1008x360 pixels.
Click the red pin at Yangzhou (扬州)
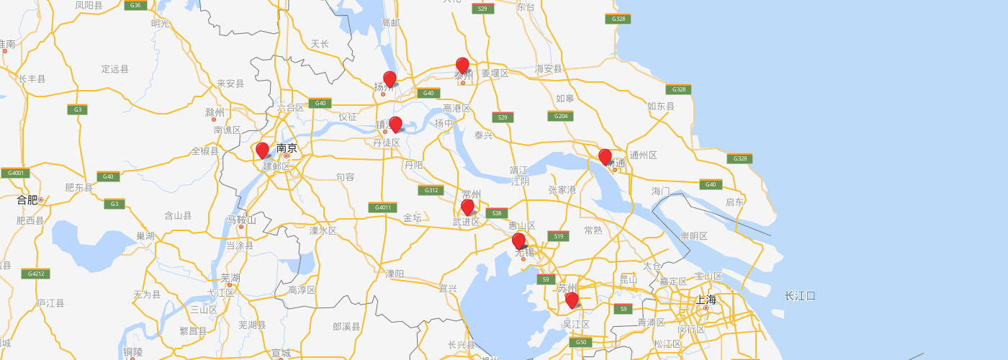390,79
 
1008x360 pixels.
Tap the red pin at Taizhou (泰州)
462,66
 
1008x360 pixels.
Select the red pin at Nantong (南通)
605,156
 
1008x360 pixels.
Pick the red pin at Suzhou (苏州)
572,300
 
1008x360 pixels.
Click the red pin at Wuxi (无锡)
518,241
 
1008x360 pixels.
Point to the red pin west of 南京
262,150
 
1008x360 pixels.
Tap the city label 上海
706,300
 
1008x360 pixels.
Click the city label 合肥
27,199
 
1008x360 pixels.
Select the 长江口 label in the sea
800,296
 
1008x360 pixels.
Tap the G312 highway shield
430,190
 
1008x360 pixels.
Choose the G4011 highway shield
382,208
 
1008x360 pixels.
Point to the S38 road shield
496,213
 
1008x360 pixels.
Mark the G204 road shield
560,116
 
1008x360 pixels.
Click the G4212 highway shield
35,274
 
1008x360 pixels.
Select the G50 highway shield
581,342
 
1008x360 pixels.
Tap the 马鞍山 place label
241,219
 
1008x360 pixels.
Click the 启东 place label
734,202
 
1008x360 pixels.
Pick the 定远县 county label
115,69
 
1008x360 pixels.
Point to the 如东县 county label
661,107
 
